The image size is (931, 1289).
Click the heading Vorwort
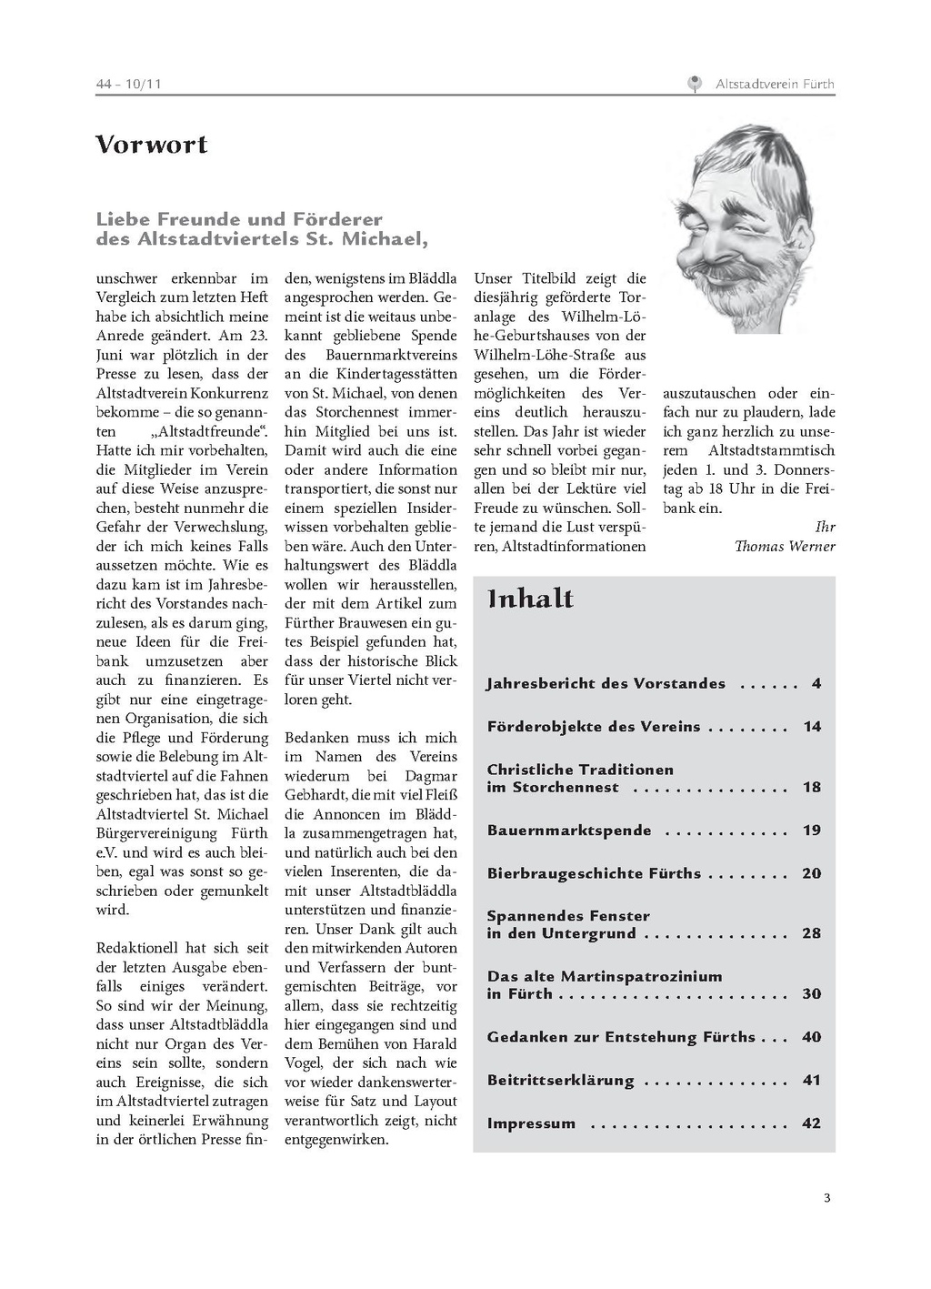152,145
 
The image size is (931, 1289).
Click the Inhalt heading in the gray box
530,599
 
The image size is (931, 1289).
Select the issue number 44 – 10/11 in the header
128,85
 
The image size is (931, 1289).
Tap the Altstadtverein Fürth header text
775,84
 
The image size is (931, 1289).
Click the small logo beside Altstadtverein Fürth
696,84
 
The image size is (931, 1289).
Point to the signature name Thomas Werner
785,546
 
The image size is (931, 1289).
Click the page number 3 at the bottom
826,1197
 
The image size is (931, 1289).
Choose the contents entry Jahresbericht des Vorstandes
606,683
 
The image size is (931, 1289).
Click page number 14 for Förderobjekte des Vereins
812,727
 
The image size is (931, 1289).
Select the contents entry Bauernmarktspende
569,831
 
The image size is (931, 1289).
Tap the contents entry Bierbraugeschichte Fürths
594,873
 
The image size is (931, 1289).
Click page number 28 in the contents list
812,933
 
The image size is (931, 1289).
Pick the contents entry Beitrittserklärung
560,1081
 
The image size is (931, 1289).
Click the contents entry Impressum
531,1123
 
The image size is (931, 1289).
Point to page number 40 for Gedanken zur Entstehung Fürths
812,1037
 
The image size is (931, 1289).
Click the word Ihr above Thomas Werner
825,527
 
